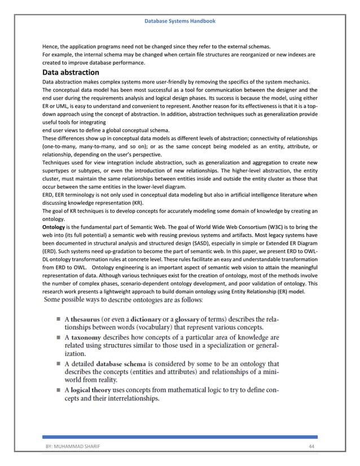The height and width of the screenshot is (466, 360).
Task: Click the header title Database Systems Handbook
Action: coord(180,21)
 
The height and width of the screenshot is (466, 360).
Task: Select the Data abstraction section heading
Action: coord(71,73)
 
